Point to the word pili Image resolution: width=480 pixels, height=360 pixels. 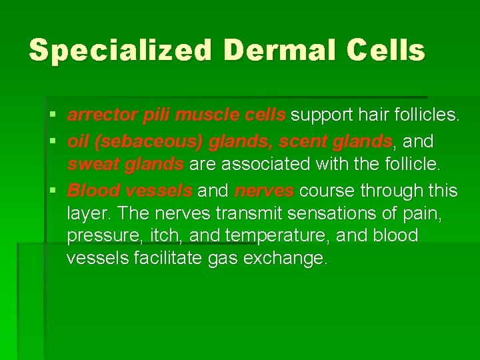coord(157,115)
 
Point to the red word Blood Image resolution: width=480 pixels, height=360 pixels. coord(93,191)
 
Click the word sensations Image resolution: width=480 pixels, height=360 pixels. coord(324,213)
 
